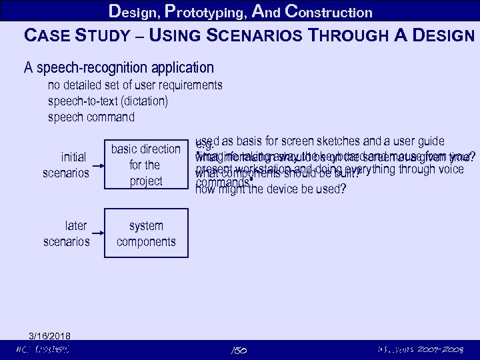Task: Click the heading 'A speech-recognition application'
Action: pos(119,67)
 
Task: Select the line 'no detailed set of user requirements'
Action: pos(135,85)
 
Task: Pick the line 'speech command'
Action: pos(91,117)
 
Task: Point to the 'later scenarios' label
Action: pos(66,234)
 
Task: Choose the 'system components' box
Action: pos(145,234)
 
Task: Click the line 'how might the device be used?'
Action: pos(270,189)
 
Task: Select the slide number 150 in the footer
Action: pos(239,349)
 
